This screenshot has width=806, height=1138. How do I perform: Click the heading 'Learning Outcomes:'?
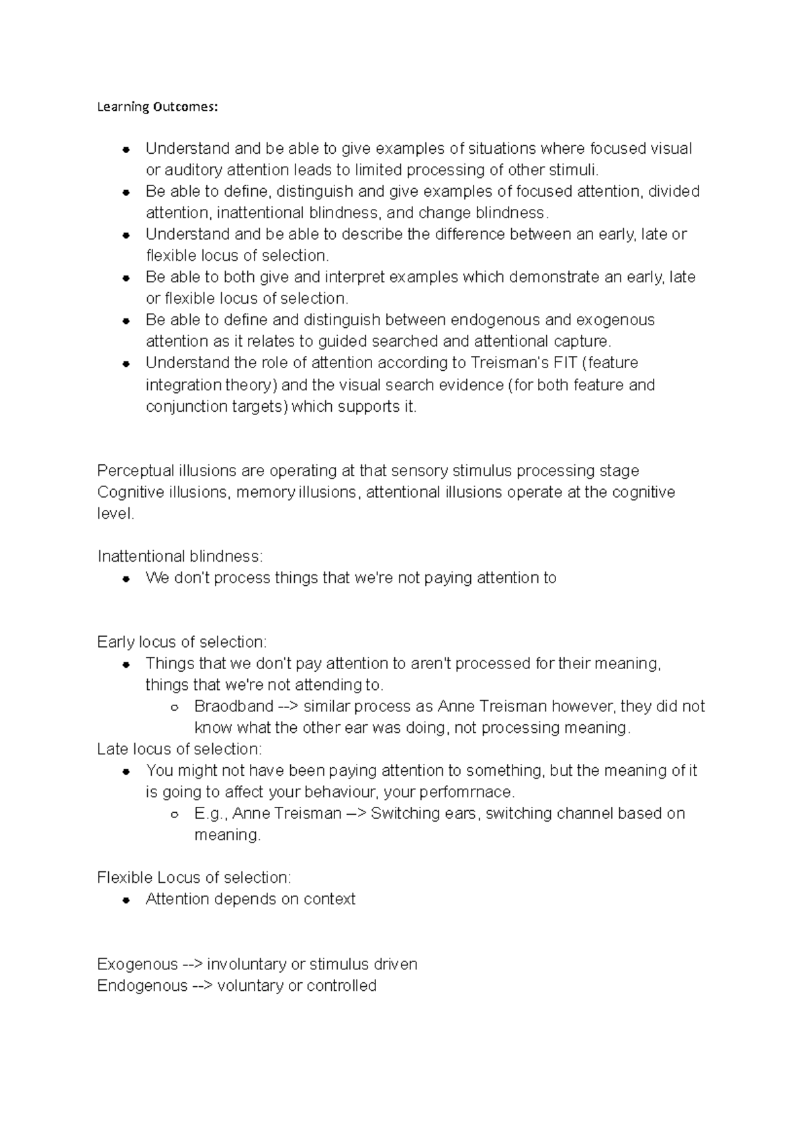click(157, 107)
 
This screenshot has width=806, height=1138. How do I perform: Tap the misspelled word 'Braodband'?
click(233, 706)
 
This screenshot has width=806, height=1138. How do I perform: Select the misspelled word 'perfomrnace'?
click(473, 791)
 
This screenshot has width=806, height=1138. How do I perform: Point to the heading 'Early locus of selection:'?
click(182, 642)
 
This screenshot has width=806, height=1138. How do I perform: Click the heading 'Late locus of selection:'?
click(179, 748)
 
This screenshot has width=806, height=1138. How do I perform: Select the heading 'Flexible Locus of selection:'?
click(194, 877)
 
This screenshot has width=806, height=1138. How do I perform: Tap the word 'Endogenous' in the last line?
click(142, 986)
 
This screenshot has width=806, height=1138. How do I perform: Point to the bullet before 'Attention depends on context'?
click(126, 900)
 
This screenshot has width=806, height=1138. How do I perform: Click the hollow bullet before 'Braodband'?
click(174, 707)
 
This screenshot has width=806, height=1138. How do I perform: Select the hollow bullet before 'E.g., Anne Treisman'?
click(174, 814)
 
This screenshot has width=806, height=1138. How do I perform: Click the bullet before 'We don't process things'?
click(126, 578)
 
